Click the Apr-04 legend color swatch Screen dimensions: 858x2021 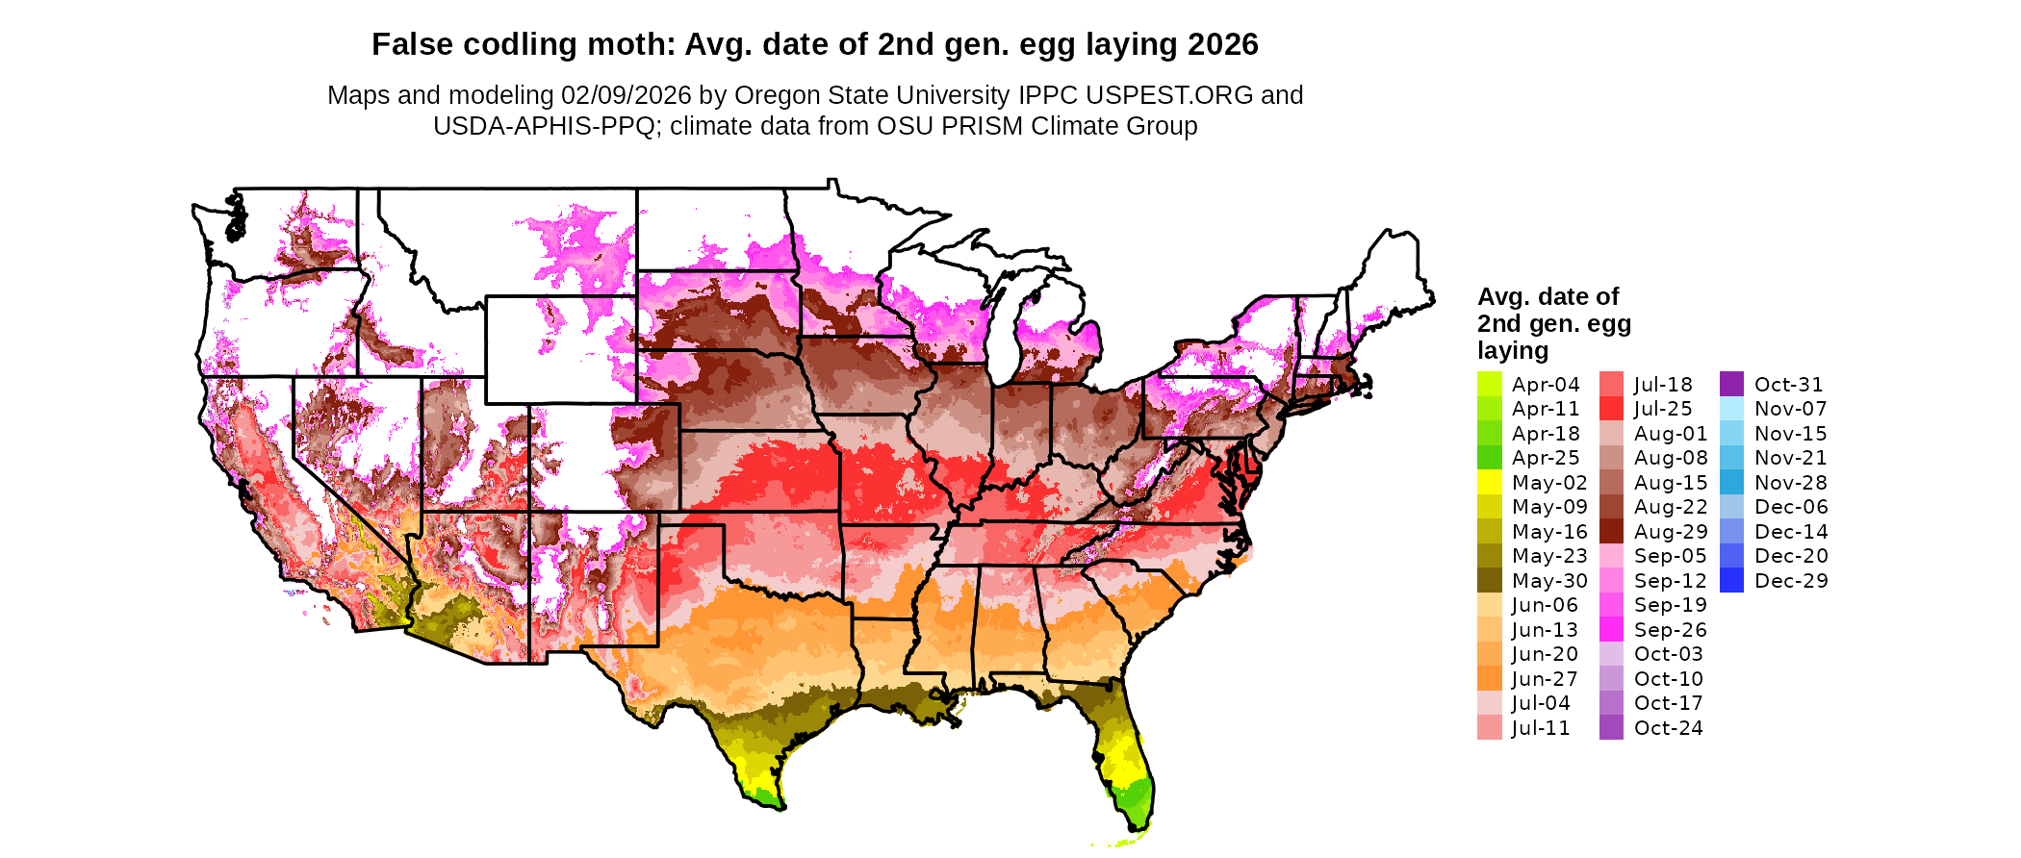point(1489,384)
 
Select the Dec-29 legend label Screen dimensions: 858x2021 point(1791,580)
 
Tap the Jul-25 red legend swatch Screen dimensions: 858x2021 point(1611,409)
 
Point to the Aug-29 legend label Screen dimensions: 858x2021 point(1671,531)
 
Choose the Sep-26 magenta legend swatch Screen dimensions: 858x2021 point(1611,629)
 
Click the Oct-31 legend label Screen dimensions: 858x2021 point(1788,384)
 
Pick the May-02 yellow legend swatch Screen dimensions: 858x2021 point(1489,482)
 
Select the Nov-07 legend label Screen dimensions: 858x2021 point(1790,409)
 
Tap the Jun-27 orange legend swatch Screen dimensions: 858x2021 point(1489,678)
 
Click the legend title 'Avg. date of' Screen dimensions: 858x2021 point(1548,296)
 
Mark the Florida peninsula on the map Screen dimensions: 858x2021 point(1126,760)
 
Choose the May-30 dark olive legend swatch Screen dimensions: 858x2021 point(1489,580)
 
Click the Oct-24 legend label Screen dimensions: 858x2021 point(1668,727)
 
